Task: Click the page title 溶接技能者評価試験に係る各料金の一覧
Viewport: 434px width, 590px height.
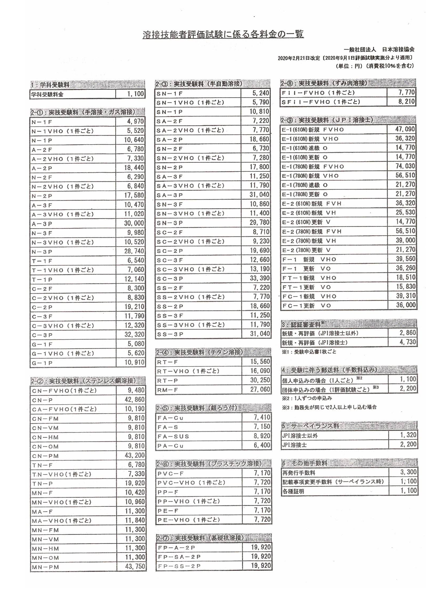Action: point(223,35)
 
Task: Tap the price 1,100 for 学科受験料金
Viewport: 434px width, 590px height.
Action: point(135,94)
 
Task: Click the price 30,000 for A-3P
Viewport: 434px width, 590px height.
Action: point(134,223)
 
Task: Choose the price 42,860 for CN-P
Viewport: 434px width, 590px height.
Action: point(135,399)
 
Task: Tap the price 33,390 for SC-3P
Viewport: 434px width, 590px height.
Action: point(259,278)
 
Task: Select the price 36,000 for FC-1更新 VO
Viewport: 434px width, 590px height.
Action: point(406,305)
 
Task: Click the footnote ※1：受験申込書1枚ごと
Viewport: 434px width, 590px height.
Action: point(309,352)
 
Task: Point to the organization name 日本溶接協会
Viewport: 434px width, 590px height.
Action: point(398,49)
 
